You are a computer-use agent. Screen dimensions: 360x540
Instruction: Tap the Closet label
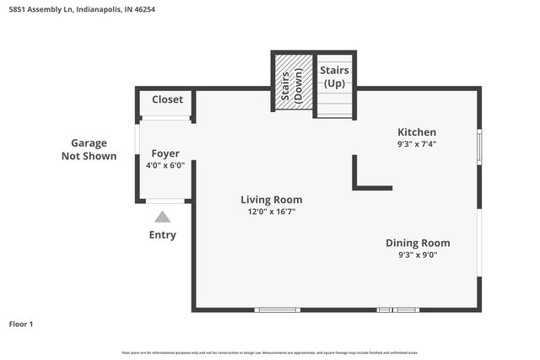167,99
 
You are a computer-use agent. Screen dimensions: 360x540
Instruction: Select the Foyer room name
165,153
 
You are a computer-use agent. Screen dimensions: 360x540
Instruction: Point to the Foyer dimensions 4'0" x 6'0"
165,166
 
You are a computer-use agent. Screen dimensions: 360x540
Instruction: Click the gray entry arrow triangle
162,217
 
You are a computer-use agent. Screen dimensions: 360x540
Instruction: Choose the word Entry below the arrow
163,235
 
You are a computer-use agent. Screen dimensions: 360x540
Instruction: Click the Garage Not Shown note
89,149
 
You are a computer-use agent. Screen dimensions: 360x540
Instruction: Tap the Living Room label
271,200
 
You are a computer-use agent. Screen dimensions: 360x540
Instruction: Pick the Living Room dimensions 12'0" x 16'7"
271,212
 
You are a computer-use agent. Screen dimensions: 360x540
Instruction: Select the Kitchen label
417,132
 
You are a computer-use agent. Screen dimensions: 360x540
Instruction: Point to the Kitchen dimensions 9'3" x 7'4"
417,144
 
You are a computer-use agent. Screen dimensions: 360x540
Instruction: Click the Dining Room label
418,243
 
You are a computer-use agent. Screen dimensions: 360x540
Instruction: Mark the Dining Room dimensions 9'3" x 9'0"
418,255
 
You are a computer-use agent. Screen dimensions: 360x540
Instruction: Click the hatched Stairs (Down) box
291,82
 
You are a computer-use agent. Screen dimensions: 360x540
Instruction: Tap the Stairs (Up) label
334,78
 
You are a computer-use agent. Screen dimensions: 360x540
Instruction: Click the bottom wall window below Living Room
278,309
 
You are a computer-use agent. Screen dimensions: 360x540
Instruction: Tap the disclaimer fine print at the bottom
269,352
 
